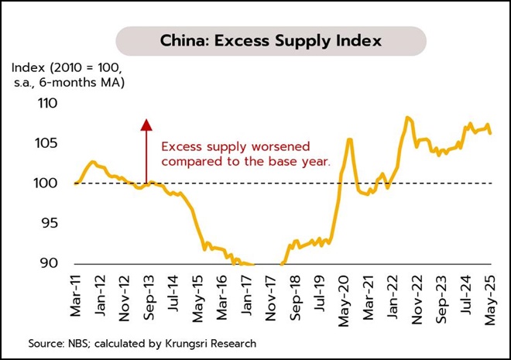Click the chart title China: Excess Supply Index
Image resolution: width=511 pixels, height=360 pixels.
[x=270, y=39]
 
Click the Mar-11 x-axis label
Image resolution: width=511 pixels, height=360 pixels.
[x=76, y=298]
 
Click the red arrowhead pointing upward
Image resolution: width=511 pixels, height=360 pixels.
[x=145, y=124]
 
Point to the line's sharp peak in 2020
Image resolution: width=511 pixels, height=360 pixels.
[x=349, y=139]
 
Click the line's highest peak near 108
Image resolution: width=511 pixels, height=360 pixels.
[x=407, y=118]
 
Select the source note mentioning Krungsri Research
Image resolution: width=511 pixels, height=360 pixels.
[x=142, y=342]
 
